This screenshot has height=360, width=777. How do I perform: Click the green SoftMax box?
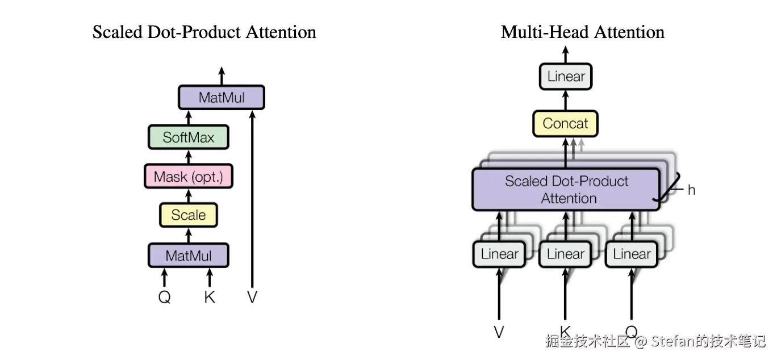pos(189,137)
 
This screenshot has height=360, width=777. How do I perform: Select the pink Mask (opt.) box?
pos(189,176)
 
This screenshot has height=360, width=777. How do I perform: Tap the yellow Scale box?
pos(189,215)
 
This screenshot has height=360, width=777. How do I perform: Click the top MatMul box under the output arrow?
pos(222,98)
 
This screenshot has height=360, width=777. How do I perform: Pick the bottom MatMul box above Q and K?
pos(189,256)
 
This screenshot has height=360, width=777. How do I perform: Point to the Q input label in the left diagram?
pos(164,297)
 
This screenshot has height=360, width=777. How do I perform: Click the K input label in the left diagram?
pos(210,297)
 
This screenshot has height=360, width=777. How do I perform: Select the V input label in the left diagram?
pos(252,297)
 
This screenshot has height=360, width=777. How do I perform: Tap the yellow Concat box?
pos(565,123)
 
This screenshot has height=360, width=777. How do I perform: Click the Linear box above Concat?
pos(566,76)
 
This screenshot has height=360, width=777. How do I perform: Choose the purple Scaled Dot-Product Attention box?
pos(566,189)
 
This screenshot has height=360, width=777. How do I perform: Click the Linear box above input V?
pos(499,254)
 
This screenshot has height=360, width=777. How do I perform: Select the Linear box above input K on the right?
pos(565,254)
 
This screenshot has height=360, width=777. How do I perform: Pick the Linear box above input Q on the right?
pos(632,254)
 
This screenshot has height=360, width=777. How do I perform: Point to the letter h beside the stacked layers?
pos(691,190)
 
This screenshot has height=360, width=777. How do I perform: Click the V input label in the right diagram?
pos(499,332)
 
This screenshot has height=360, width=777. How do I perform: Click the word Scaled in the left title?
pos(118,32)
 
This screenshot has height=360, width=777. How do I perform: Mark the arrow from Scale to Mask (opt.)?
pos(189,196)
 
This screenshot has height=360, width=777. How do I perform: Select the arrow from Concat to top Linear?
pos(566,101)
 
